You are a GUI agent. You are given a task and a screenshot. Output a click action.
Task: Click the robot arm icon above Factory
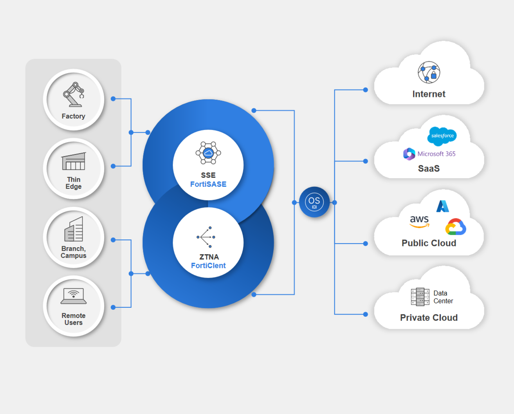pos(74,94)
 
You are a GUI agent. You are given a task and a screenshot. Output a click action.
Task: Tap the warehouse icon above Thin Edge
pos(74,161)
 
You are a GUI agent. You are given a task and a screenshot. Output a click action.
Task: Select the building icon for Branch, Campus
pos(74,230)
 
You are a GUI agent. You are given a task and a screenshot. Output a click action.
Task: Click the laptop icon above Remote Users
pos(74,296)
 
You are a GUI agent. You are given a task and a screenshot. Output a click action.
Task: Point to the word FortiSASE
pos(208,184)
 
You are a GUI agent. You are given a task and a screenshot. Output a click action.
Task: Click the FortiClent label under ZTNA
pos(208,266)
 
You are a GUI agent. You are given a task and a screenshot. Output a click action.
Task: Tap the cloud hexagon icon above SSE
pos(208,153)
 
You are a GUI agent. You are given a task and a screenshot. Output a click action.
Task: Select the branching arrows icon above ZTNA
pos(206,237)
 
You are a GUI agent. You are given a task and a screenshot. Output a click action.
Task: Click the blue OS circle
pos(314,202)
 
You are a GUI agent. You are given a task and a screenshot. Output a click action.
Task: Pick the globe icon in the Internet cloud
pos(429,72)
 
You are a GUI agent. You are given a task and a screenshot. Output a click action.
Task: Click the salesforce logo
pos(442,136)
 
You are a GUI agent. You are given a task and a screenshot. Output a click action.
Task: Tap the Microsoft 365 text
pos(436,154)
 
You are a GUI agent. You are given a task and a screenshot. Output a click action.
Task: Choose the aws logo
pos(419,221)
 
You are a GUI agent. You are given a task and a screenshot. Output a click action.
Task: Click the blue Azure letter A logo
pos(443,206)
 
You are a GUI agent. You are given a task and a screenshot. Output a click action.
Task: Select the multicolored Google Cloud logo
pos(456,227)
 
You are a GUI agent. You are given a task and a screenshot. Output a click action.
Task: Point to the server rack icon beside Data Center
pos(420,297)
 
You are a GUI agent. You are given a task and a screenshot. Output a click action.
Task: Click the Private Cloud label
pos(429,318)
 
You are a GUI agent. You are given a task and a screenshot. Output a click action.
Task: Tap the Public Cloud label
pos(429,243)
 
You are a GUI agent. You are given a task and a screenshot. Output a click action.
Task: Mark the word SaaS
pos(429,169)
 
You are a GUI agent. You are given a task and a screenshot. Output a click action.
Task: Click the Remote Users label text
pos(74,319)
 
